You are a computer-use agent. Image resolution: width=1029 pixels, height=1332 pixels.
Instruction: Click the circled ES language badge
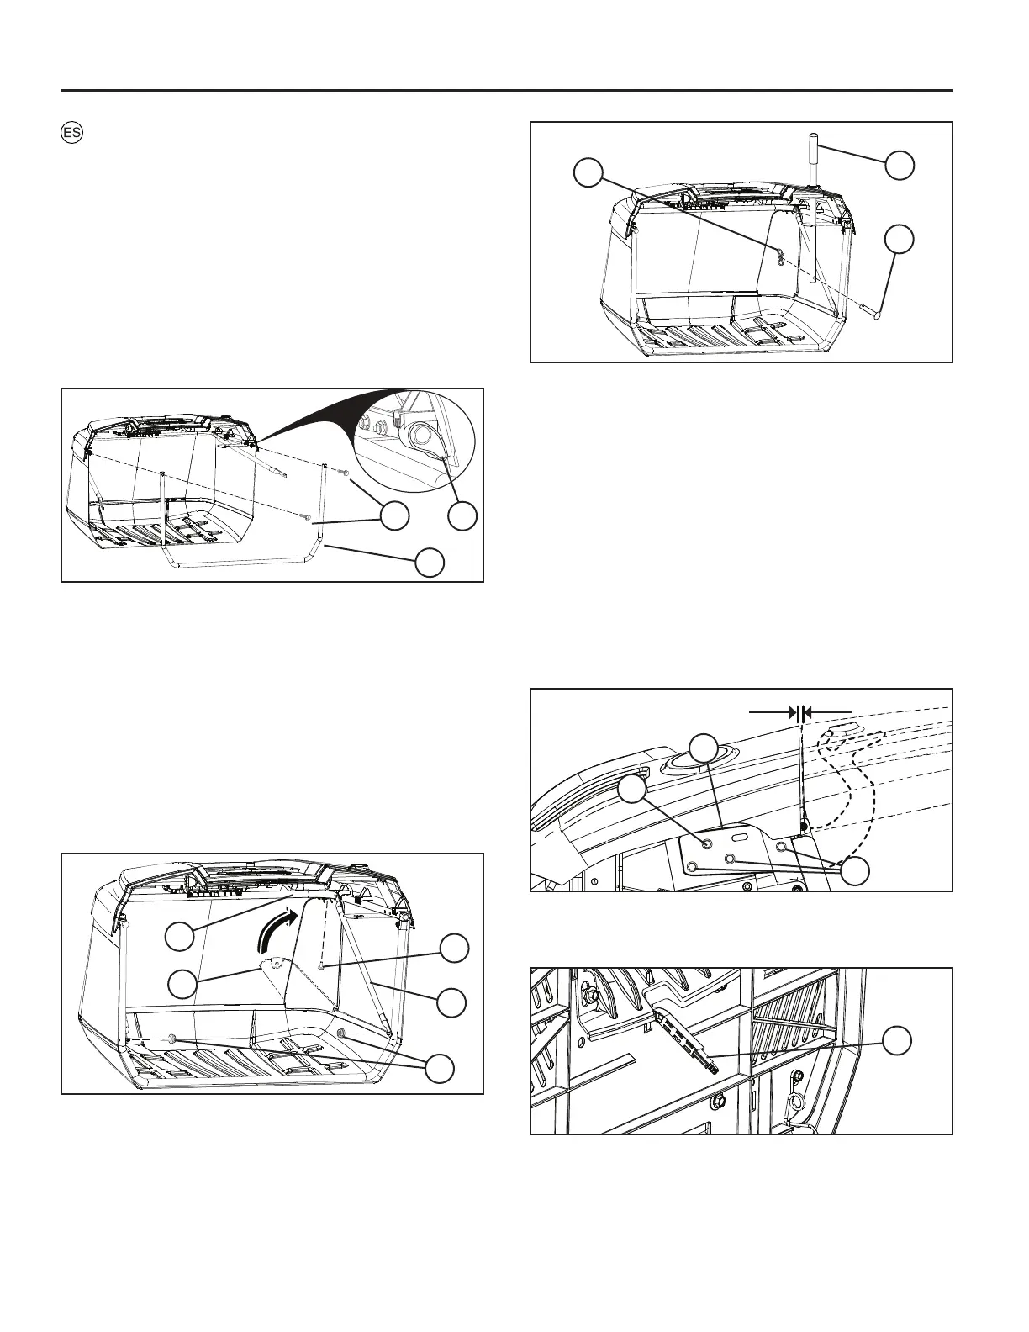click(x=71, y=133)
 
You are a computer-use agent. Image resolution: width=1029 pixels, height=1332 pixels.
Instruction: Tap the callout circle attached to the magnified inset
click(x=462, y=516)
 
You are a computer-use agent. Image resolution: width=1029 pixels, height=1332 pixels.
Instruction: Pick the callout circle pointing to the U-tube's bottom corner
click(x=430, y=563)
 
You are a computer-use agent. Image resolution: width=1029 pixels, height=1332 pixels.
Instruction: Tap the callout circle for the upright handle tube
click(x=900, y=165)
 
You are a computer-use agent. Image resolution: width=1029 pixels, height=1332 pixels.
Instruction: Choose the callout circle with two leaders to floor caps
click(x=439, y=1068)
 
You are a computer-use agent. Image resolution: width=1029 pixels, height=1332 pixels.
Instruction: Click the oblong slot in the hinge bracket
click(x=741, y=838)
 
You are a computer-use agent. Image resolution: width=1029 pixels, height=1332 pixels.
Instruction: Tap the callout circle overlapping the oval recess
click(x=704, y=748)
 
